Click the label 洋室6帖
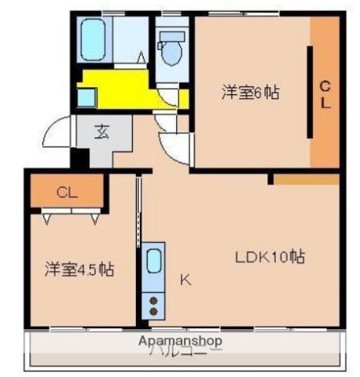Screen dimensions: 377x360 pos(250,93)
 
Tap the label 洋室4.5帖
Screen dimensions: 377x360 pos(79,269)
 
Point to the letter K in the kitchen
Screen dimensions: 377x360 pos(186,278)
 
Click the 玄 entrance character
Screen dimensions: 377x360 pos(103,131)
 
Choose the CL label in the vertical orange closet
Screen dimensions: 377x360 pos(325,93)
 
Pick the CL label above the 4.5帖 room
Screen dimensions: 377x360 pos(66,192)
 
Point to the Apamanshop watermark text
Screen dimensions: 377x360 pos(180,341)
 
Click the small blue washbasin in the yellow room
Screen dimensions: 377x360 pos(86,97)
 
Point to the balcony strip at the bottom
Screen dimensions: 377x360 pos(185,350)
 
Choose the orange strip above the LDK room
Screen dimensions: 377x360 pos(307,179)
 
